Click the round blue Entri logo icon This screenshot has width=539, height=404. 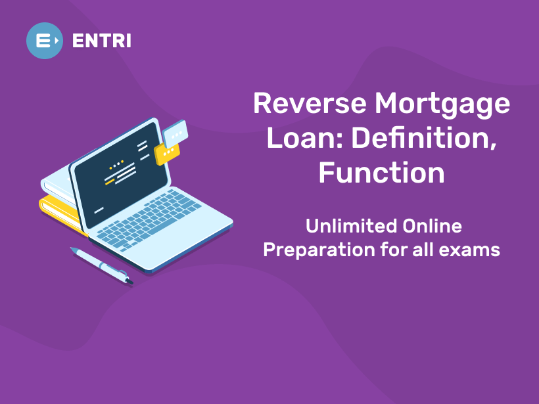tap(45, 40)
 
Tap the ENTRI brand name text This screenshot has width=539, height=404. tap(102, 41)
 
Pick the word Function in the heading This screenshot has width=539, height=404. tap(381, 172)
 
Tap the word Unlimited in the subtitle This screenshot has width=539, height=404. tap(342, 227)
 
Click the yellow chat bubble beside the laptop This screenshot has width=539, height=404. tap(167, 152)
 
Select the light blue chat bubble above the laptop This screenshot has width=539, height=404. tap(175, 134)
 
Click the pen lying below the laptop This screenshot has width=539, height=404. tap(101, 265)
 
